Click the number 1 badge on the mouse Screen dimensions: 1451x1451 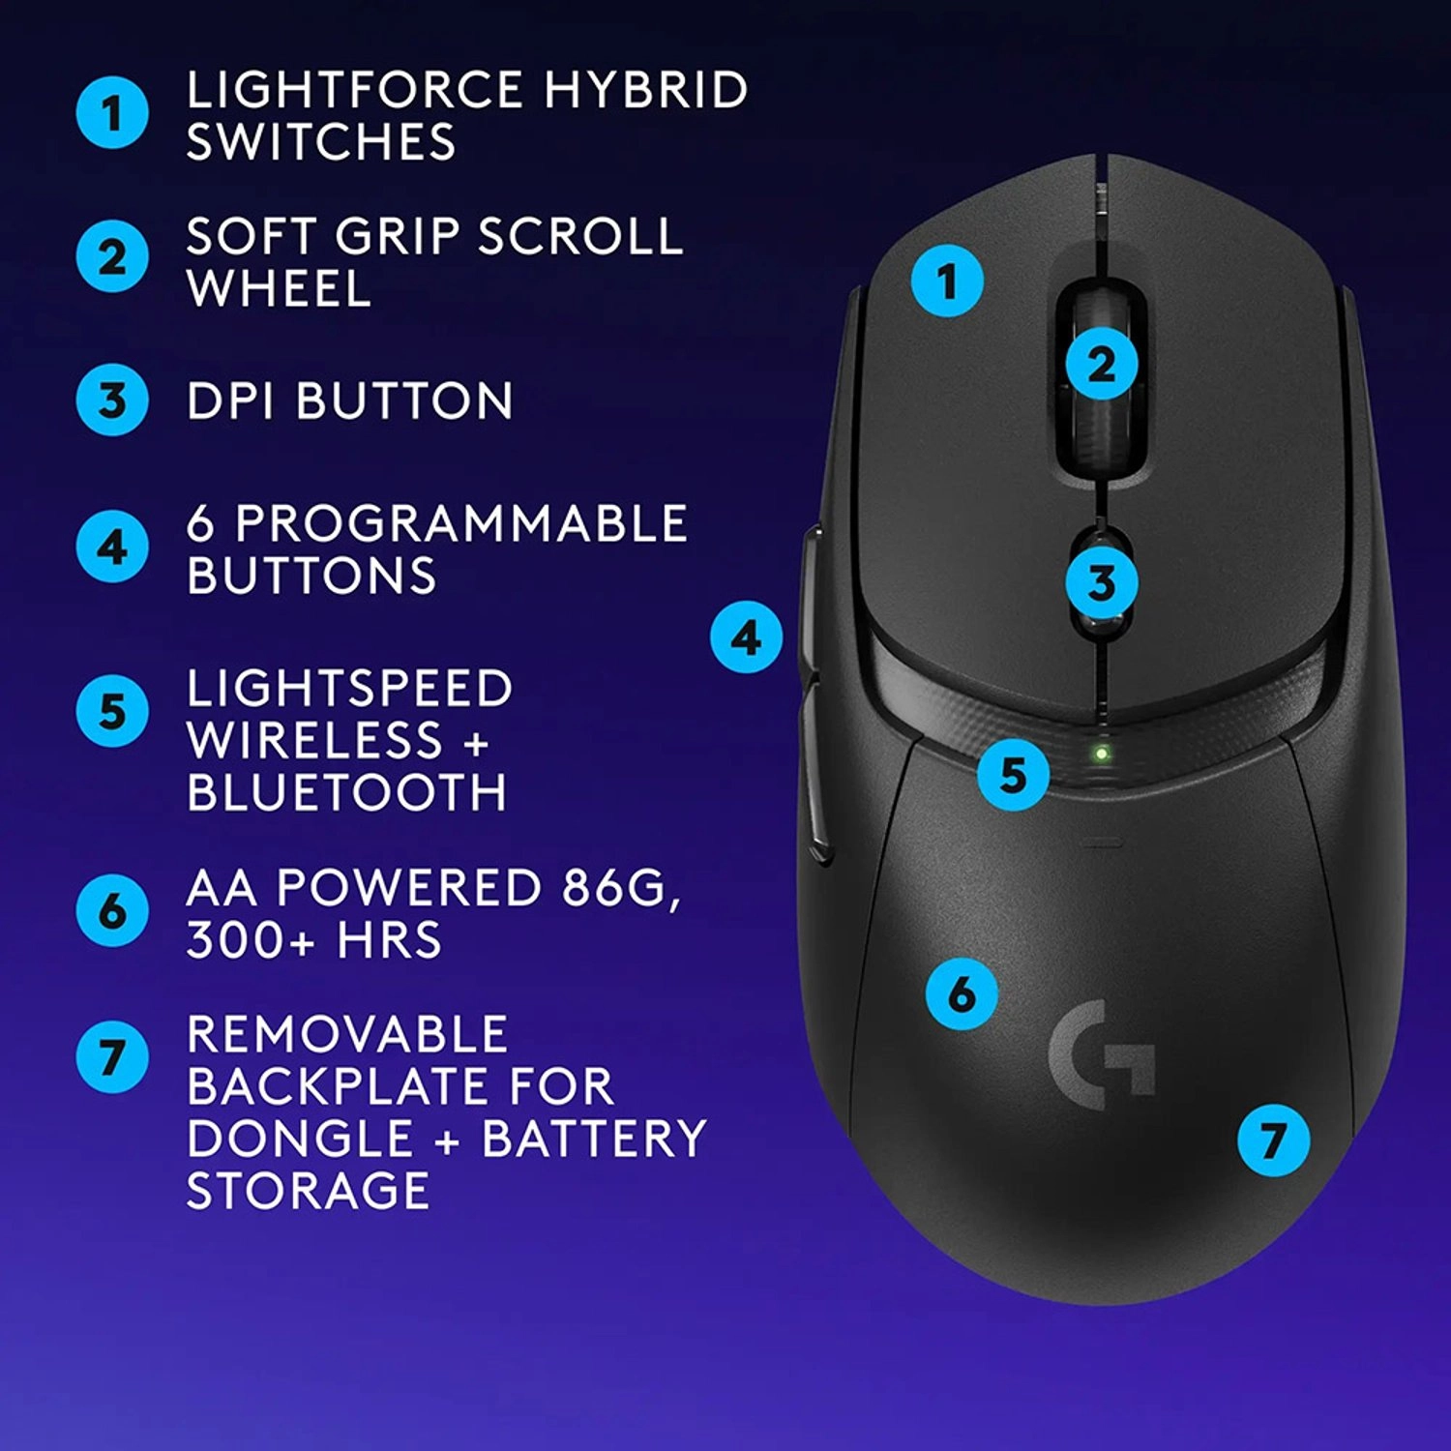click(x=947, y=281)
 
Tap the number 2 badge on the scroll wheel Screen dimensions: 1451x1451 click(x=1102, y=365)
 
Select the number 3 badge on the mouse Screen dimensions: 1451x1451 click(x=1102, y=582)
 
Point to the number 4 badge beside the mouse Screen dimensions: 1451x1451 click(x=746, y=637)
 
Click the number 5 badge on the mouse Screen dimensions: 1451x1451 click(x=1013, y=774)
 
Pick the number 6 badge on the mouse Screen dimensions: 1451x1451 click(x=962, y=993)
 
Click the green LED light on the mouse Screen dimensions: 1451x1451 click(x=1101, y=753)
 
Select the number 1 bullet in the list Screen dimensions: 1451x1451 click(x=112, y=112)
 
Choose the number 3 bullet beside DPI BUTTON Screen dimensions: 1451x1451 click(x=112, y=400)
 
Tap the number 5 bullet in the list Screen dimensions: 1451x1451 click(x=112, y=711)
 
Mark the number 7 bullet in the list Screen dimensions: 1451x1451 click(x=112, y=1056)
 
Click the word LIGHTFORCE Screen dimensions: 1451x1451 click(x=355, y=90)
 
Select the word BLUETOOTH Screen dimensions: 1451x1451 click(x=347, y=792)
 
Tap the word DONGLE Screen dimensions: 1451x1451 click(x=300, y=1138)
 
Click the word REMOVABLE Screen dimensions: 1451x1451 click(x=347, y=1034)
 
